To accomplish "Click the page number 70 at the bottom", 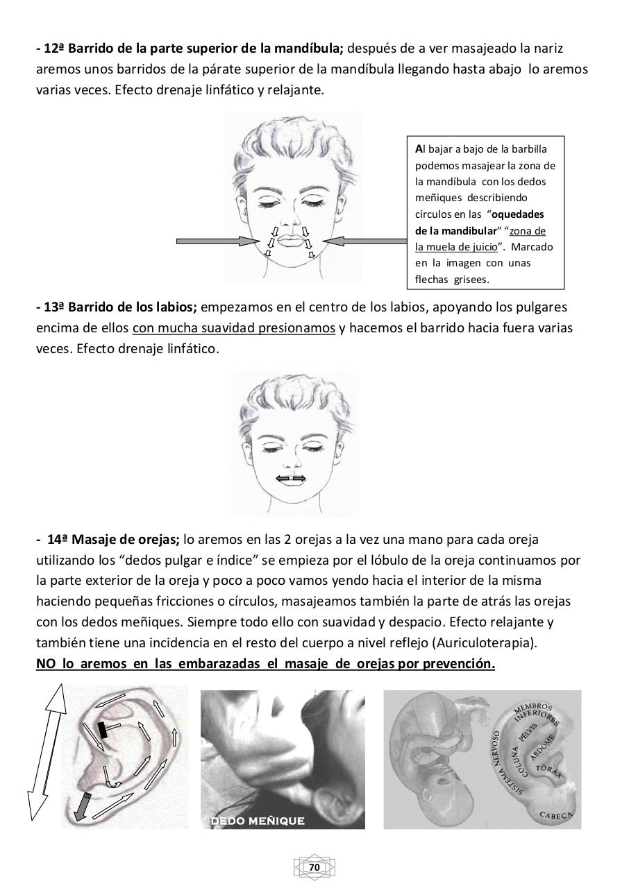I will tap(314, 867).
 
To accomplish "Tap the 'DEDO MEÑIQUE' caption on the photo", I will tap(258, 821).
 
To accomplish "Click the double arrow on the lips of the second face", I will tap(290, 478).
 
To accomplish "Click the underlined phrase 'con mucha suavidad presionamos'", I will tap(234, 327).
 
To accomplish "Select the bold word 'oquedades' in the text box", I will tap(518, 214).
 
